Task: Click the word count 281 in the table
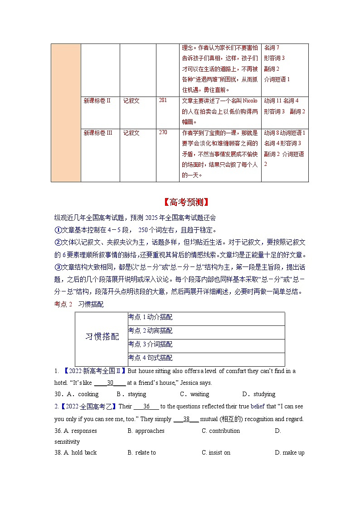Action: [x=163, y=100]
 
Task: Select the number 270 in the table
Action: [x=163, y=133]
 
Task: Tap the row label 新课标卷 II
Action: [x=97, y=101]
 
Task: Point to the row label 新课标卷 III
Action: [x=98, y=133]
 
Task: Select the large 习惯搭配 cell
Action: [x=102, y=336]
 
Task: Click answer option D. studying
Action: [x=259, y=394]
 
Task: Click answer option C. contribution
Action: [x=221, y=431]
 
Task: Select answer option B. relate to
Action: [x=142, y=453]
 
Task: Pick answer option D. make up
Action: [x=290, y=453]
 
